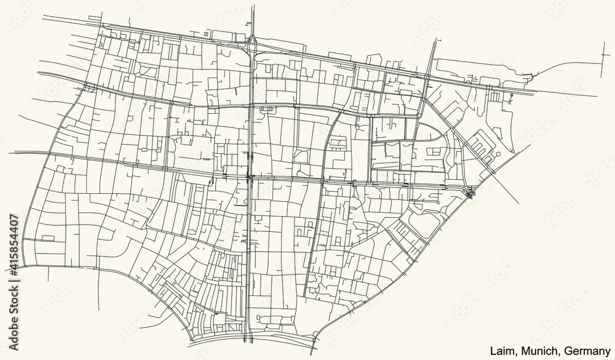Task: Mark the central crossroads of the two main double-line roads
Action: coord(248,178)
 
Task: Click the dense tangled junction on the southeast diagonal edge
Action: coord(470,193)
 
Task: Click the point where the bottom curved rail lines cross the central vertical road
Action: coord(248,339)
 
